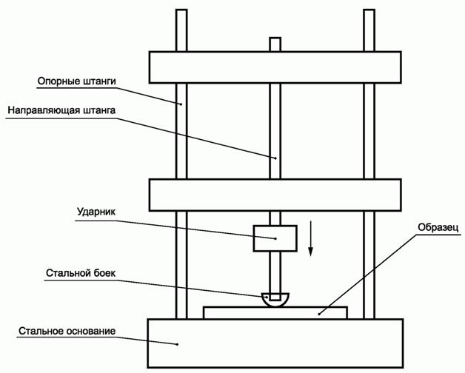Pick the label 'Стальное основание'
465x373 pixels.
[67, 330]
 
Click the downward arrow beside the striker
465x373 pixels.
[312, 240]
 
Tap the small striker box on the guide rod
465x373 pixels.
[275, 238]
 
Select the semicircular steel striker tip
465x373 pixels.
[275, 300]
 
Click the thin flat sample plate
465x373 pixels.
[275, 312]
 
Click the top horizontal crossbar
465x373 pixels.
[275, 67]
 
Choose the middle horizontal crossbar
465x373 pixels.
[275, 195]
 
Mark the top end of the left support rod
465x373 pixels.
[179, 12]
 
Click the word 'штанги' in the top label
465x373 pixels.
[101, 80]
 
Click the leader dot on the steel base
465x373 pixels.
[178, 343]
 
